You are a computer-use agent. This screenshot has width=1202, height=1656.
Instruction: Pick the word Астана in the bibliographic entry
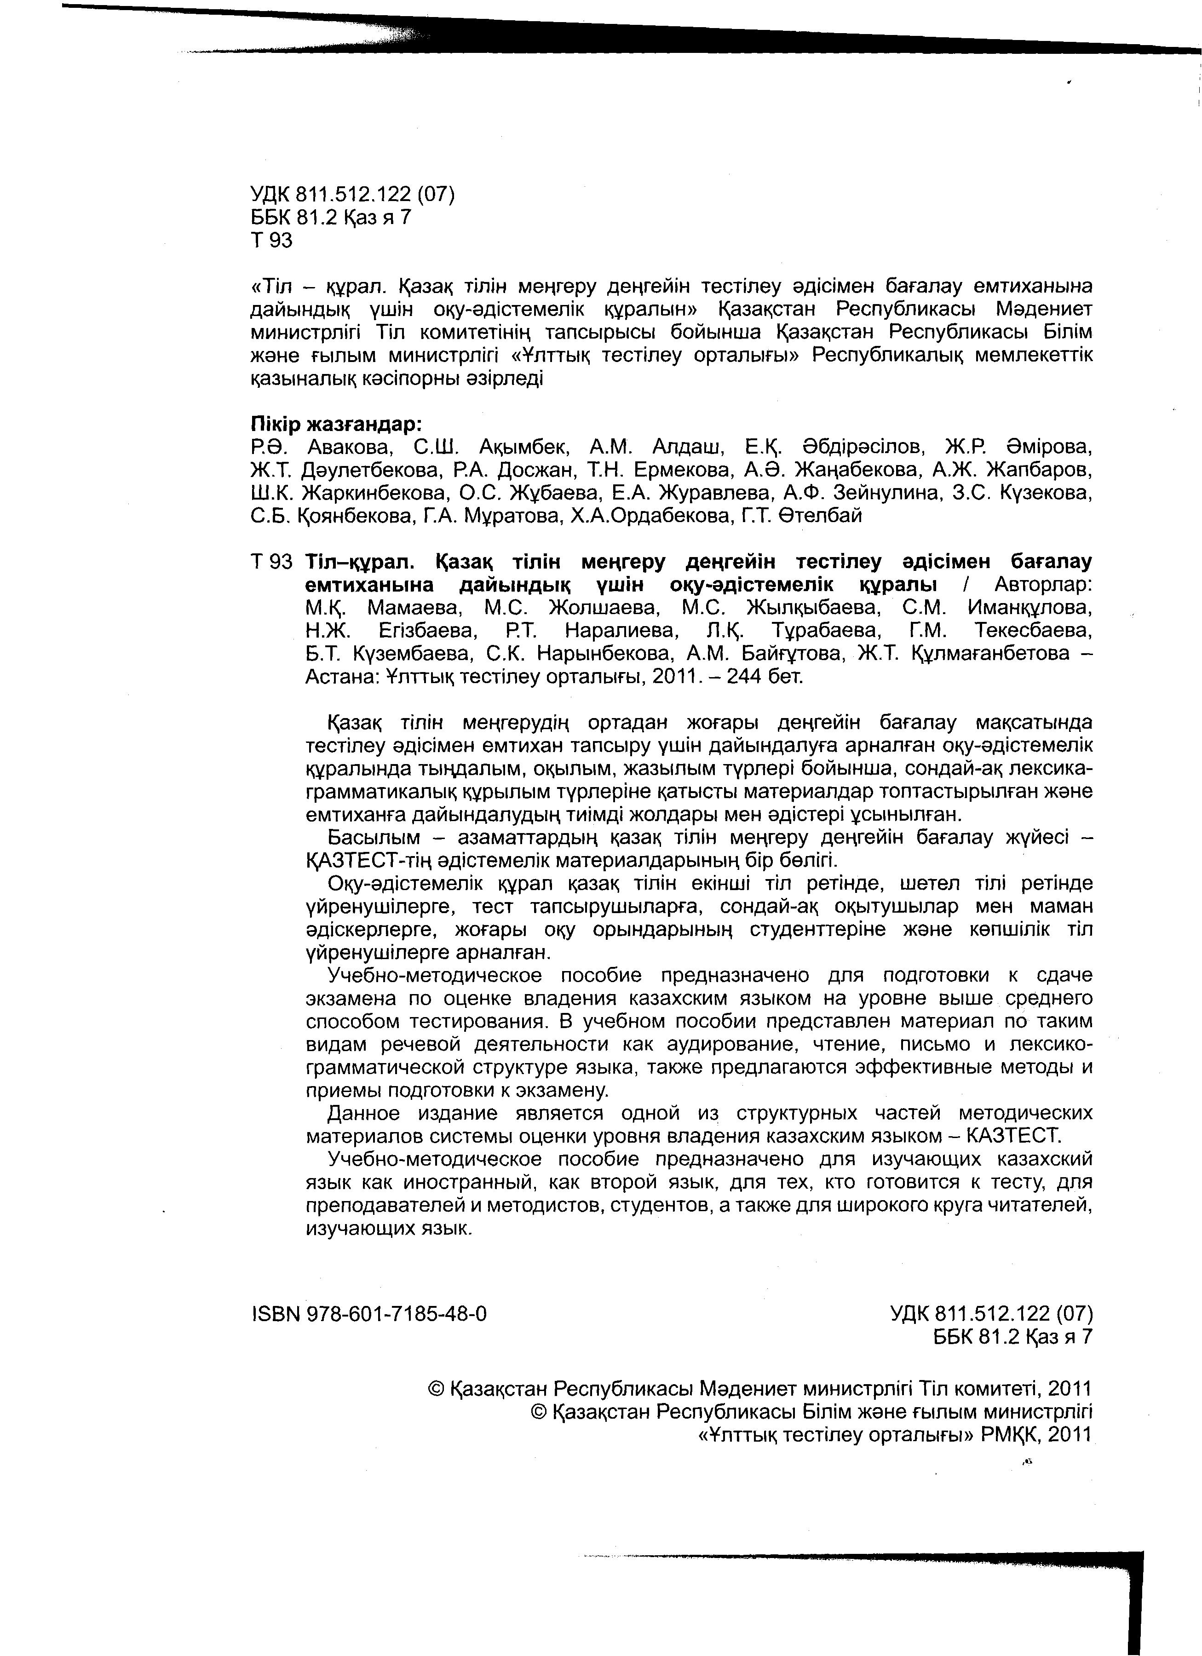(339, 676)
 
